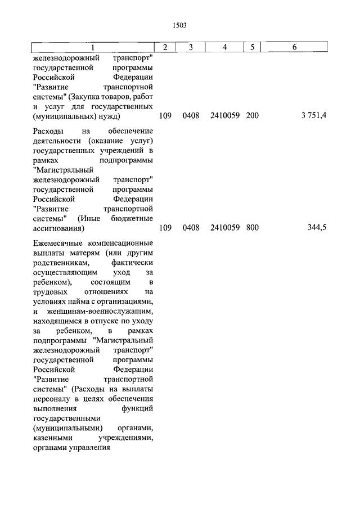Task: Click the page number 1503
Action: pyautogui.click(x=180, y=25)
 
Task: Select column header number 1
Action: pyautogui.click(x=93, y=47)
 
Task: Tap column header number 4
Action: pyautogui.click(x=225, y=47)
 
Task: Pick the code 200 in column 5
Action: pyautogui.click(x=253, y=115)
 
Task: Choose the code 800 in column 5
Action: pyautogui.click(x=253, y=228)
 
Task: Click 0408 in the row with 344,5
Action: pyautogui.click(x=191, y=228)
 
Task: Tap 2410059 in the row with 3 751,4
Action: pyautogui.click(x=225, y=115)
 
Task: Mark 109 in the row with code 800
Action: pyautogui.click(x=165, y=228)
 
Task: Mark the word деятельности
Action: pyautogui.click(x=59, y=141)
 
